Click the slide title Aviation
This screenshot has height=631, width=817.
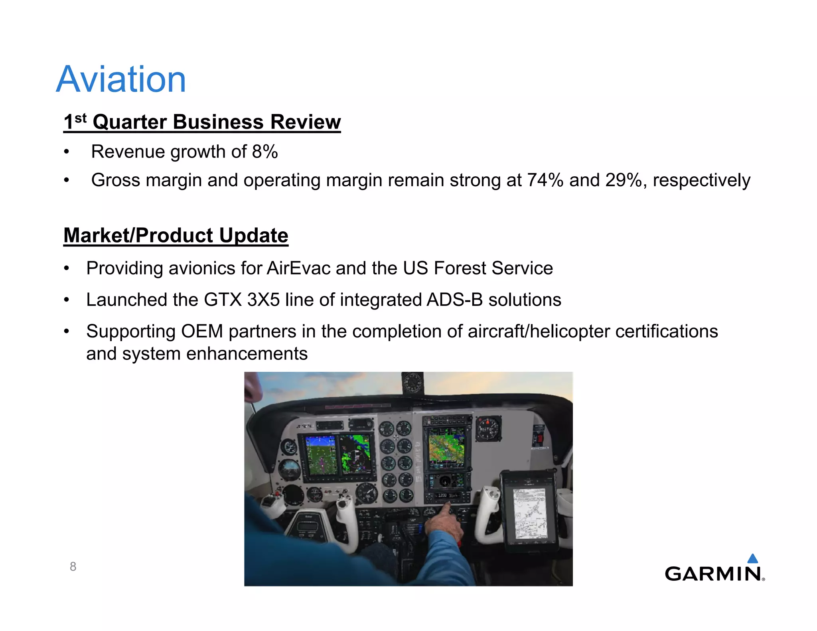[121, 79]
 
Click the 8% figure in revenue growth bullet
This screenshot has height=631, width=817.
[265, 152]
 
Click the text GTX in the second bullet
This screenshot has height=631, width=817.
[223, 300]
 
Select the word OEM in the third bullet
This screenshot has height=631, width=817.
[202, 331]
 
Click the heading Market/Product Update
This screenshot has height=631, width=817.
[176, 235]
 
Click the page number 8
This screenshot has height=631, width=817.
[73, 566]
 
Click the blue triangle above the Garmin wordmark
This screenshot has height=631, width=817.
[752, 558]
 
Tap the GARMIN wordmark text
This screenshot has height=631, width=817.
[712, 574]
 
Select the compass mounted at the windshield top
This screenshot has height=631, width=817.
[412, 383]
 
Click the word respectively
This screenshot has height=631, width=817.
[701, 180]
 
